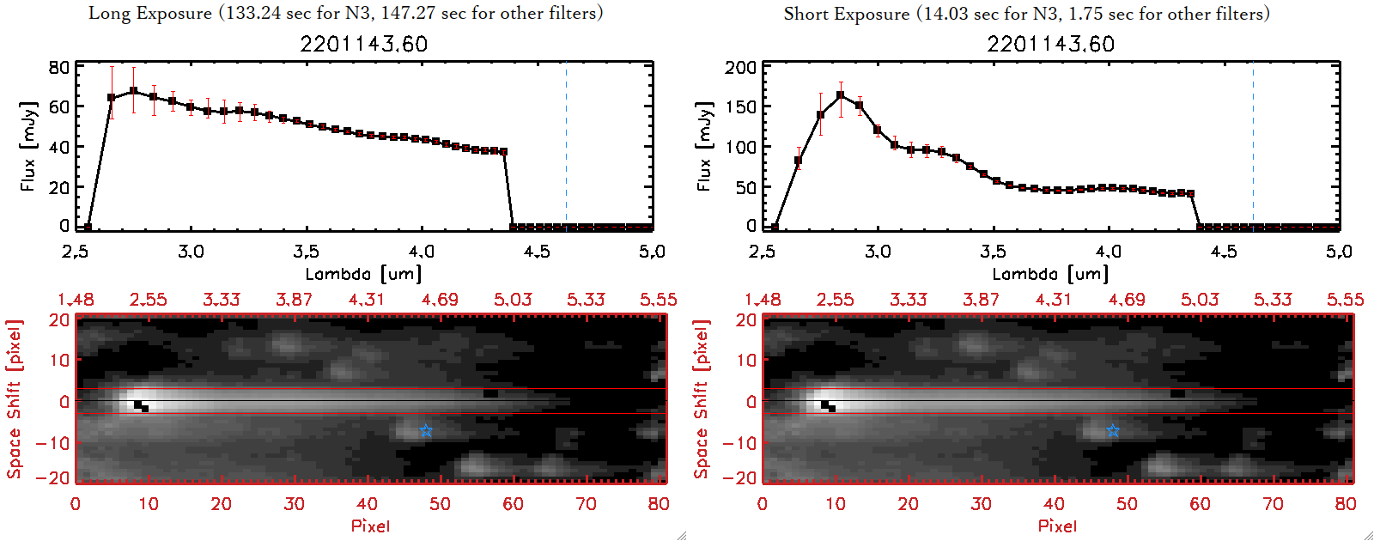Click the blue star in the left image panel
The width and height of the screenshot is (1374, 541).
(x=426, y=430)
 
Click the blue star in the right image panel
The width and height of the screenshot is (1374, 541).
(x=1113, y=430)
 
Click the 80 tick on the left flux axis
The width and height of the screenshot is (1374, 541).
(x=59, y=67)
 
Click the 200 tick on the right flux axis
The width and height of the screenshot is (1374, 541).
(x=740, y=67)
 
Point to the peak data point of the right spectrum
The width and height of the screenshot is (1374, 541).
(x=840, y=95)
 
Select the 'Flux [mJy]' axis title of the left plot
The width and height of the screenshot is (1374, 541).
(x=28, y=146)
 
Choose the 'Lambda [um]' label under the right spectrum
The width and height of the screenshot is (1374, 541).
(x=1050, y=274)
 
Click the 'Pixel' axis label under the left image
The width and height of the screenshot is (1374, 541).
(x=370, y=526)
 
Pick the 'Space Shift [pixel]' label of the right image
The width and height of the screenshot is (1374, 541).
(x=702, y=399)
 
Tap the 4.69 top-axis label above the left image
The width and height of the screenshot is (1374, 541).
(x=440, y=300)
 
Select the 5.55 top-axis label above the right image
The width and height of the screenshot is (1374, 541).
(x=1345, y=300)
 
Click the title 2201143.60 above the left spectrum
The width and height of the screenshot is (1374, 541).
(x=363, y=44)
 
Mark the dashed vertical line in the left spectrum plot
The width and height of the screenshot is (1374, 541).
(x=566, y=146)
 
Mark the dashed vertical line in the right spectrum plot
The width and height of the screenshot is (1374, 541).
(x=1253, y=146)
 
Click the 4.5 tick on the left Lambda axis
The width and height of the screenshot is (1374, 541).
(x=537, y=252)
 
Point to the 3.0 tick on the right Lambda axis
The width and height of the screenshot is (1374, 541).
(x=878, y=252)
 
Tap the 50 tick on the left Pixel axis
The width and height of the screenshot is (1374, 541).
(x=440, y=504)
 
